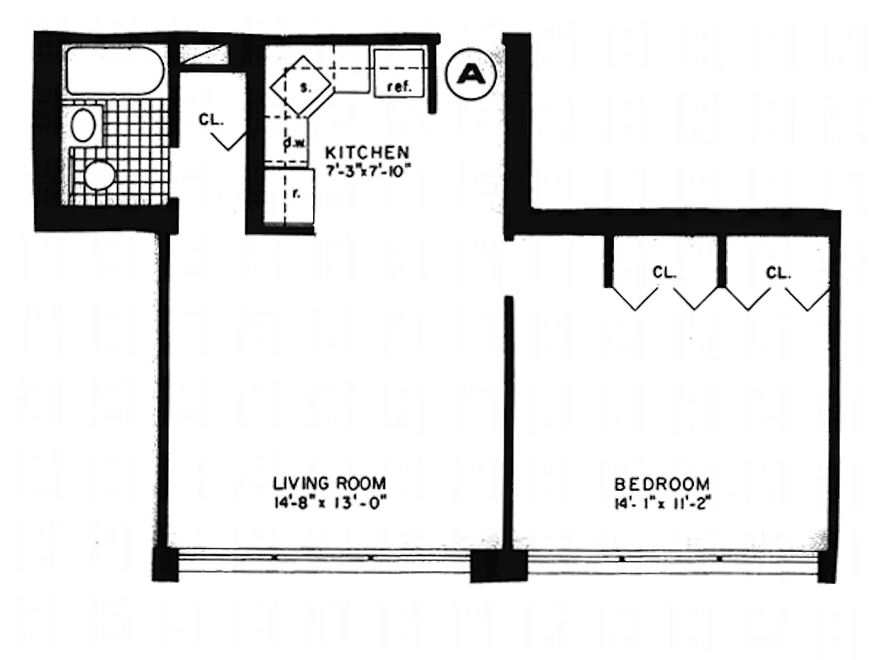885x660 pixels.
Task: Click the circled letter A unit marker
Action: coord(471,74)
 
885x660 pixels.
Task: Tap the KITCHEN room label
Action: coord(367,153)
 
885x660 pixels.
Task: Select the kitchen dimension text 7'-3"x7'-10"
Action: coord(367,171)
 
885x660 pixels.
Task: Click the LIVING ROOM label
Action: coord(330,483)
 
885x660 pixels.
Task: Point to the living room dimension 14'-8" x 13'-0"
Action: coord(330,502)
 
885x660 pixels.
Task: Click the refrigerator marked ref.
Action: coord(400,73)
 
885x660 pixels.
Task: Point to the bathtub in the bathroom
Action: coord(115,71)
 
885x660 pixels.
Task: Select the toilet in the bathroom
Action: coord(98,174)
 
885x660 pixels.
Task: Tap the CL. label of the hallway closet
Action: coord(210,120)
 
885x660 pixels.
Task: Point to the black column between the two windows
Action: coord(498,566)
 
